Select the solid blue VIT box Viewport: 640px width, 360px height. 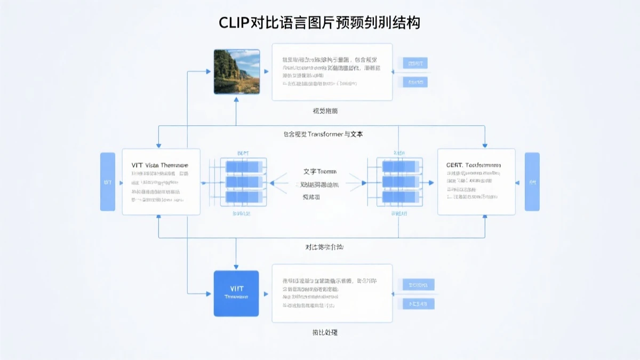[x=236, y=293]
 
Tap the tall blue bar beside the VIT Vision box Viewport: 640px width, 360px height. [x=108, y=181]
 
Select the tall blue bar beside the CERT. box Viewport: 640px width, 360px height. [x=532, y=181]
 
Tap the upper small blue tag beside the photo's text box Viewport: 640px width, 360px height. [x=415, y=63]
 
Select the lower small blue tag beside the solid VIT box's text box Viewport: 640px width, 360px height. [x=418, y=304]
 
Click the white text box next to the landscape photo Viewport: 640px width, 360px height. [x=332, y=72]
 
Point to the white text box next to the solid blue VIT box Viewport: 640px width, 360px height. [x=332, y=293]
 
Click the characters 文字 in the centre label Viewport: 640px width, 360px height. [x=310, y=172]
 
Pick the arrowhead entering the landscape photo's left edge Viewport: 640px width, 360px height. [x=209, y=71]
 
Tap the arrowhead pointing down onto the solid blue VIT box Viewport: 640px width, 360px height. [x=236, y=267]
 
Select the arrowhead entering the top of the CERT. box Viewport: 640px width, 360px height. [x=485, y=145]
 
